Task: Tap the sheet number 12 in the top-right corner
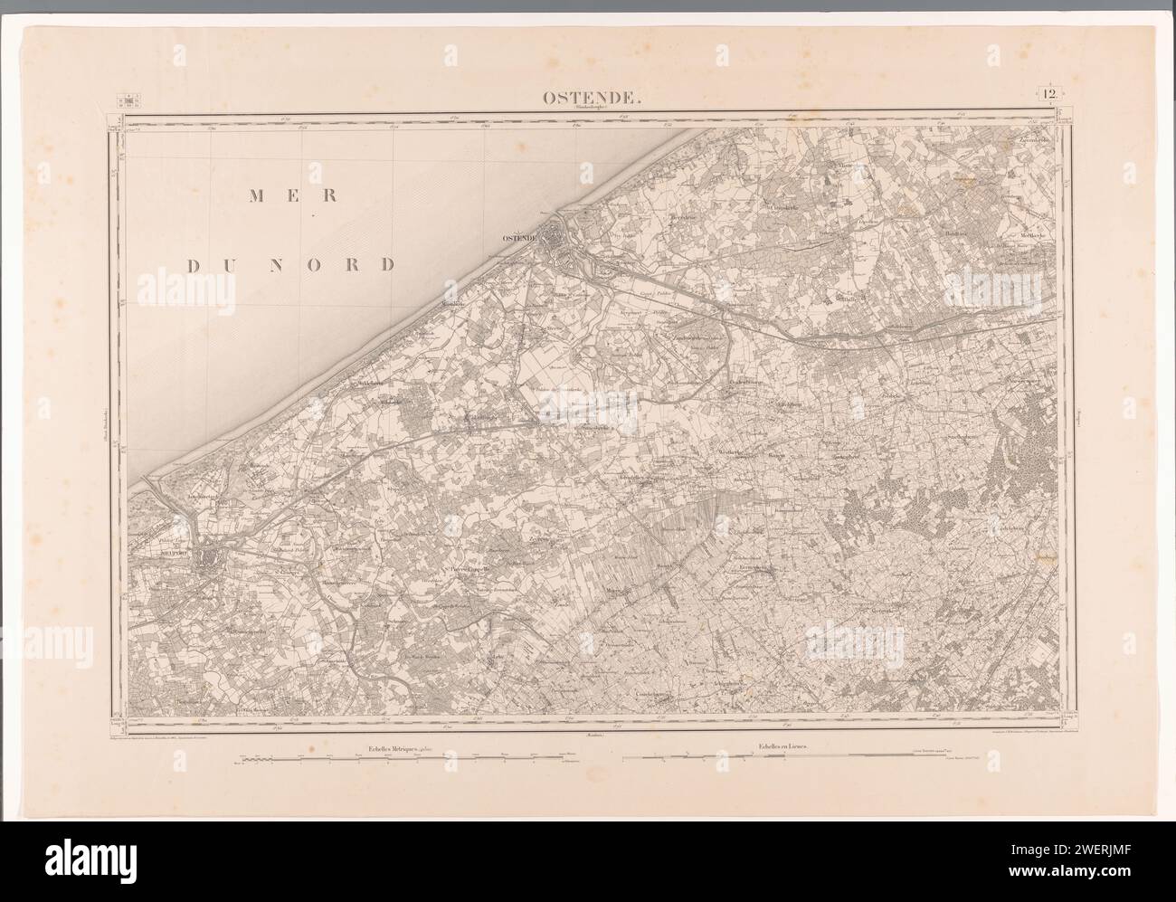pyautogui.click(x=1050, y=95)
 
